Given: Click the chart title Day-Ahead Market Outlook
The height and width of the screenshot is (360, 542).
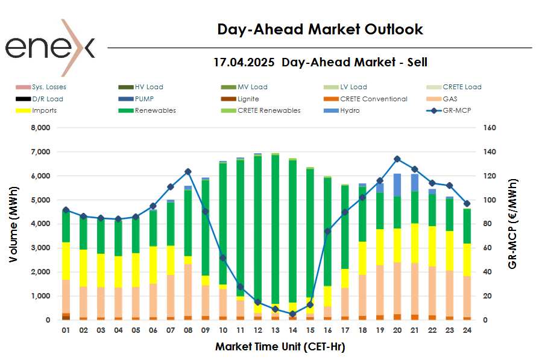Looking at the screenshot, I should [x=320, y=29].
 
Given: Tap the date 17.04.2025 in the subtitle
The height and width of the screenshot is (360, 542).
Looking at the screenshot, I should [x=244, y=62].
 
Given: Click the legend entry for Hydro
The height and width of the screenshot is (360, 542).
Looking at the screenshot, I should [x=349, y=110].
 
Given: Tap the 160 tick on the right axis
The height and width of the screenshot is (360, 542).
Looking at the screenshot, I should [x=489, y=128].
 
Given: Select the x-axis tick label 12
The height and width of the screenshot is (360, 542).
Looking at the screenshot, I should [x=258, y=330].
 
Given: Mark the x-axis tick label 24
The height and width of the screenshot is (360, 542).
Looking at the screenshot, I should [x=467, y=330].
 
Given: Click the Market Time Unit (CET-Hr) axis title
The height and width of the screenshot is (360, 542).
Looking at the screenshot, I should [x=280, y=347].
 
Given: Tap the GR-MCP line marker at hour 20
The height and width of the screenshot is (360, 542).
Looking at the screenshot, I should [x=397, y=159].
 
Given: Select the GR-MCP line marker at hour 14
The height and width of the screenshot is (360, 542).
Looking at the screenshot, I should [x=292, y=314].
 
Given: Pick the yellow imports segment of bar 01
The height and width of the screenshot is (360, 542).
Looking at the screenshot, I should [x=66, y=261].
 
